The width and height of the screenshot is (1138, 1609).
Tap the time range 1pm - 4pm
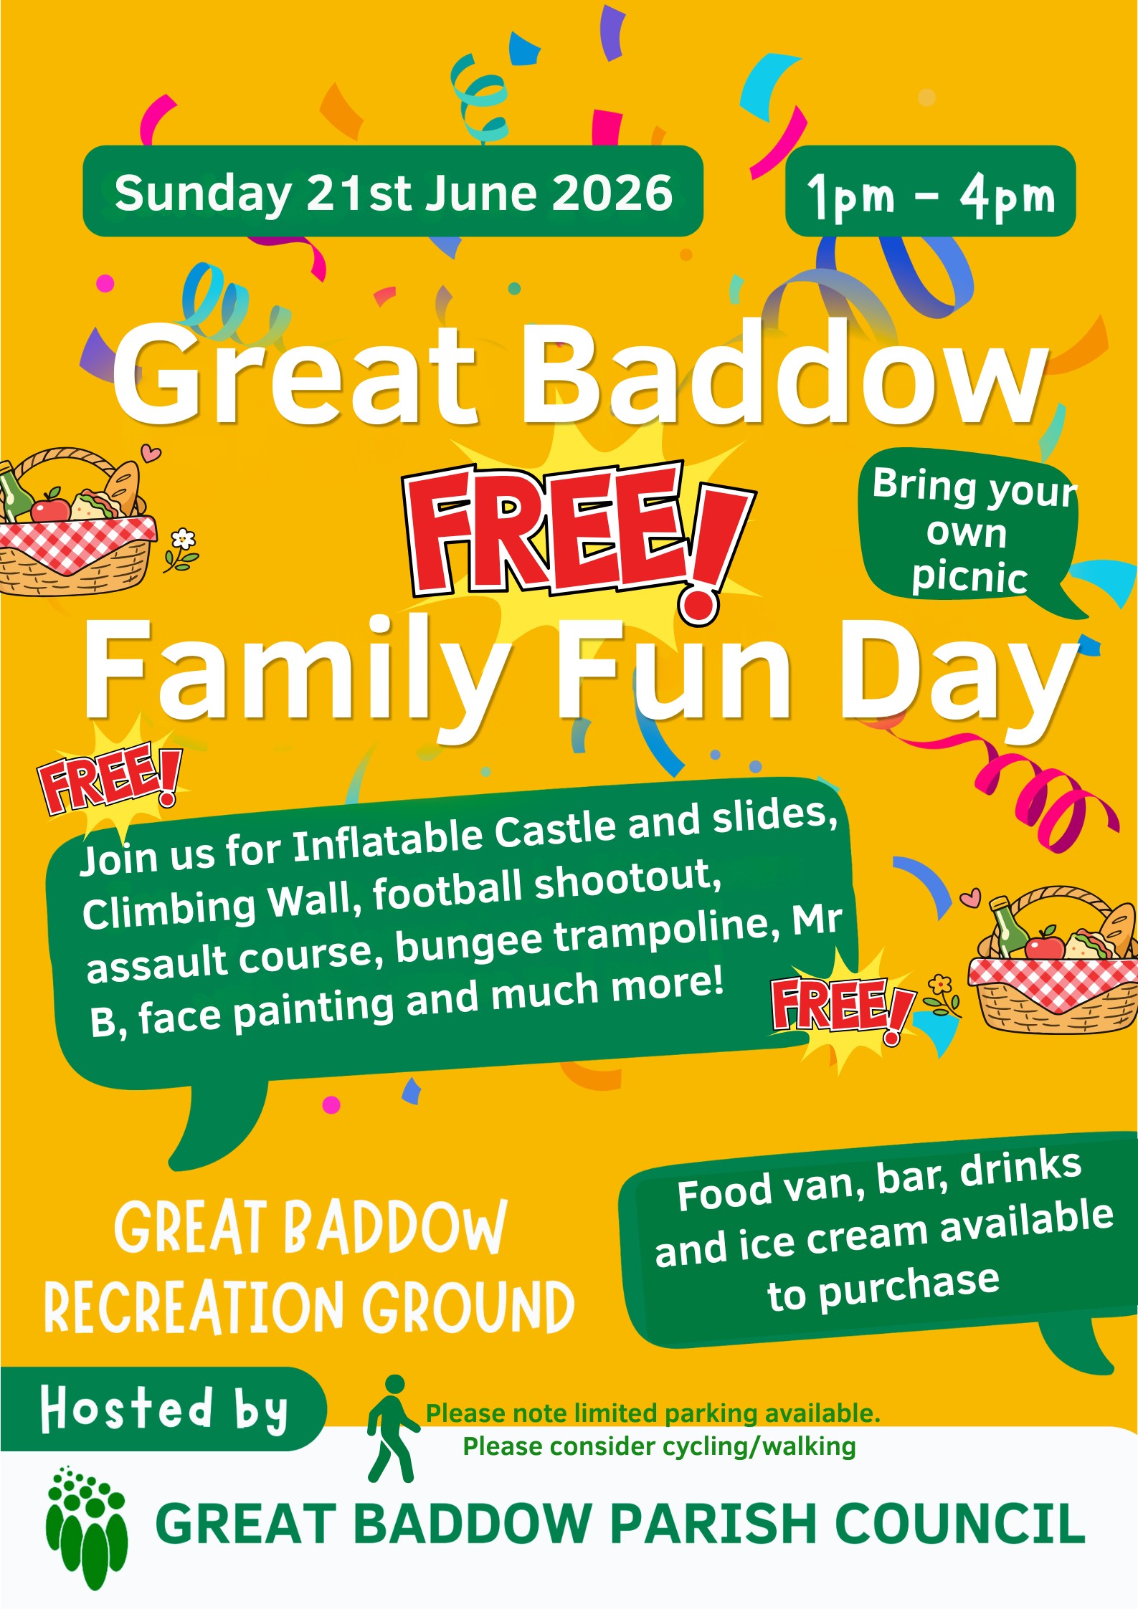point(931,196)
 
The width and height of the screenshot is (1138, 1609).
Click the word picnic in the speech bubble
point(969,578)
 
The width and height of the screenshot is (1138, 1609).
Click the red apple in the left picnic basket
point(49,507)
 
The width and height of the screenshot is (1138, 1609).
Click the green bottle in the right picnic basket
point(1010,928)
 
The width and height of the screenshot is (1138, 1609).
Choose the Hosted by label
point(164,1408)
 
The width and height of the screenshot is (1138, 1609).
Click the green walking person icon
point(392,1428)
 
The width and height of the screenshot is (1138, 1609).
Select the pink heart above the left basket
point(151,452)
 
